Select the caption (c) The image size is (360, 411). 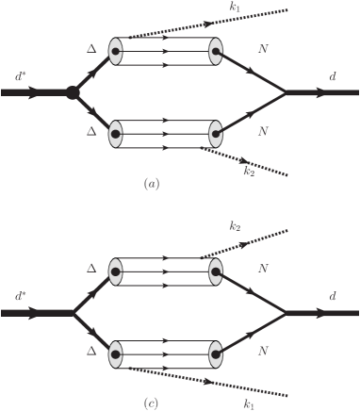[x=151, y=403]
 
